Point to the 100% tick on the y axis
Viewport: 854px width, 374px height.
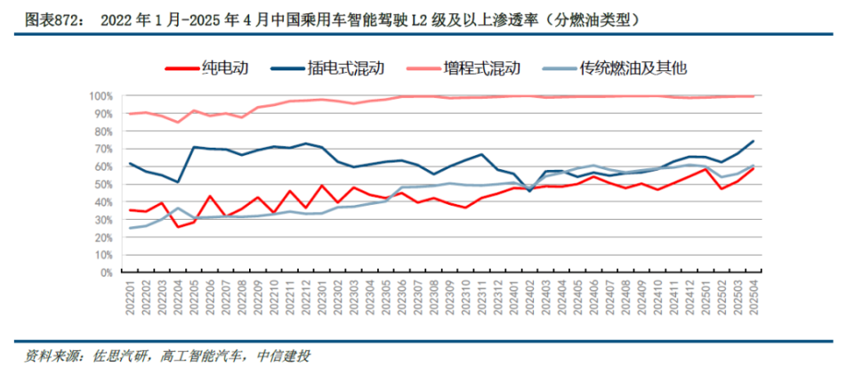click(100, 96)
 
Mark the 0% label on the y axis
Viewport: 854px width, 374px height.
click(105, 272)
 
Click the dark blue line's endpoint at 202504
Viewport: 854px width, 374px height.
click(754, 141)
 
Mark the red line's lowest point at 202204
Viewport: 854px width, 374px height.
click(179, 227)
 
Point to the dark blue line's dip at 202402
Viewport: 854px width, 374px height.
click(531, 191)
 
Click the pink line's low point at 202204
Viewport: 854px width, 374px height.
click(179, 122)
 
